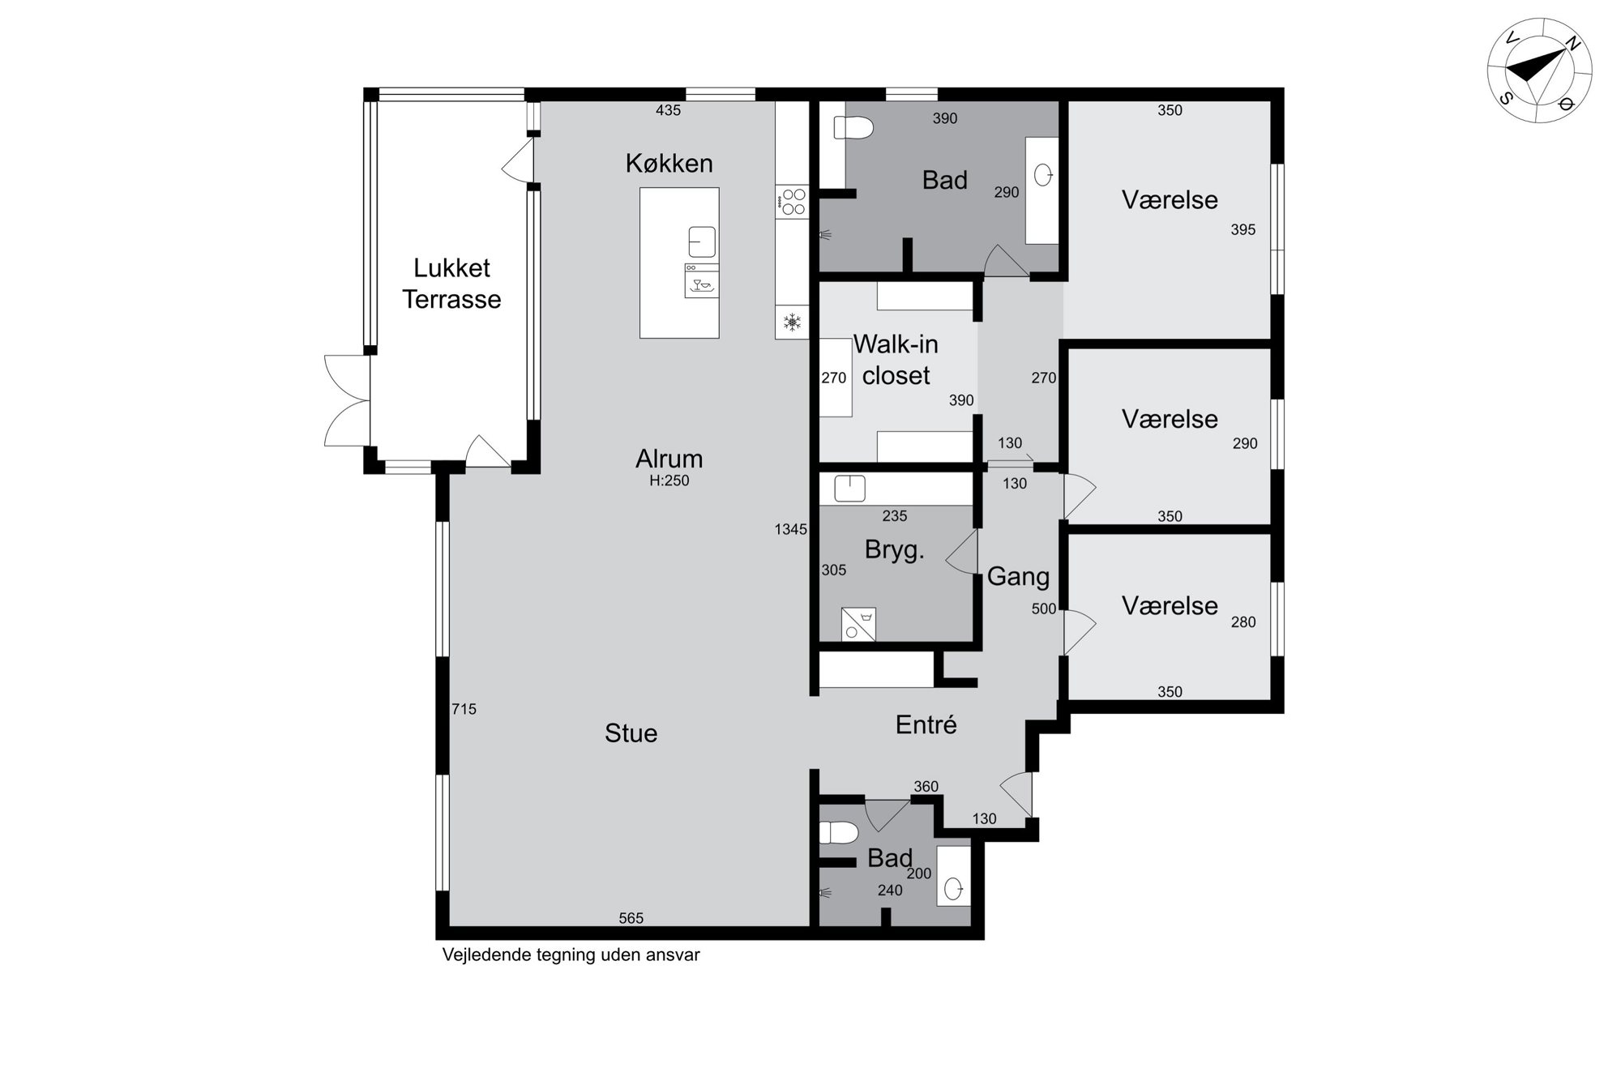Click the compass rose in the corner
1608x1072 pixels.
point(1540,70)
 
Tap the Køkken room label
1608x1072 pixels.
point(669,164)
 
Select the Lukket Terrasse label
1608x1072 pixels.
point(451,284)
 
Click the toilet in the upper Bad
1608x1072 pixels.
point(853,128)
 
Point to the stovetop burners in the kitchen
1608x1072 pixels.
point(793,202)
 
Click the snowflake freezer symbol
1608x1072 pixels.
point(792,323)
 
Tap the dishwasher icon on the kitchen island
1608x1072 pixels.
point(702,280)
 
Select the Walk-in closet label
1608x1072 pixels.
point(896,360)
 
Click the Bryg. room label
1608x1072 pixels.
point(894,550)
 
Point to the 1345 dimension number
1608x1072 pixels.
point(790,529)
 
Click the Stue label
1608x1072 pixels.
point(631,733)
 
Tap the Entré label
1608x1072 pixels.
point(926,724)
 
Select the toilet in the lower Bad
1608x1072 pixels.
point(839,832)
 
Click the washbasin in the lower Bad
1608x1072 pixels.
point(954,888)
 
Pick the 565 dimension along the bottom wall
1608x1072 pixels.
point(631,918)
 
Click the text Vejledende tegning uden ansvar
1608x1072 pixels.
point(571,955)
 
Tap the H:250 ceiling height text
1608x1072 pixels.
point(669,480)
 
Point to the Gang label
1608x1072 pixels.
point(1018,577)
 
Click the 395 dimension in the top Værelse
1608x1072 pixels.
point(1242,230)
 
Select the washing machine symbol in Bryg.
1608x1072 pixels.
point(858,624)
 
